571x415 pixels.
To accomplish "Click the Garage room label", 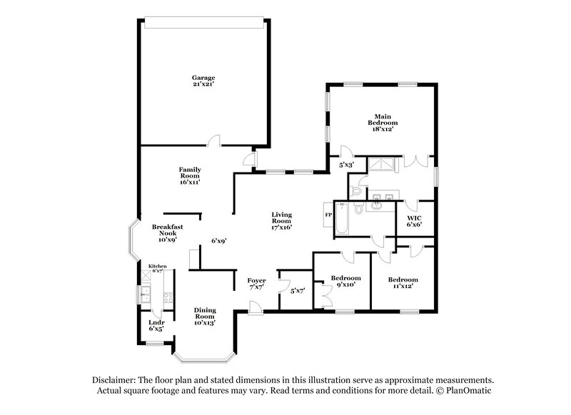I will pyautogui.click(x=203, y=81).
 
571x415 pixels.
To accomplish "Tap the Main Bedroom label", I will pyautogui.click(x=381, y=123).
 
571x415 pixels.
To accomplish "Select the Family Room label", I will pyautogui.click(x=189, y=175).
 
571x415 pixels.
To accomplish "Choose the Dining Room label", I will pyautogui.click(x=205, y=316).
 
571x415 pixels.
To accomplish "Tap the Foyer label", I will pyautogui.click(x=256, y=284).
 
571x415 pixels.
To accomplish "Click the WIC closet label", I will pyautogui.click(x=414, y=220).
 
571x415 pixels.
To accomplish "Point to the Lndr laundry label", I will pyautogui.click(x=156, y=325).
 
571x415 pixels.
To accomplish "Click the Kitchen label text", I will pyautogui.click(x=157, y=267).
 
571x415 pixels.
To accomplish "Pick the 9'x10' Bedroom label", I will pyautogui.click(x=345, y=281).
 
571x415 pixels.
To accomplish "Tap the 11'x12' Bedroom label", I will pyautogui.click(x=403, y=282).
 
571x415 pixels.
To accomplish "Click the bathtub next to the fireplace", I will pyautogui.click(x=341, y=219).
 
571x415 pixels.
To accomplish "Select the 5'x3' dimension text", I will pyautogui.click(x=346, y=165).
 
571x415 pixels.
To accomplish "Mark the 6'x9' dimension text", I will pyautogui.click(x=218, y=241).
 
